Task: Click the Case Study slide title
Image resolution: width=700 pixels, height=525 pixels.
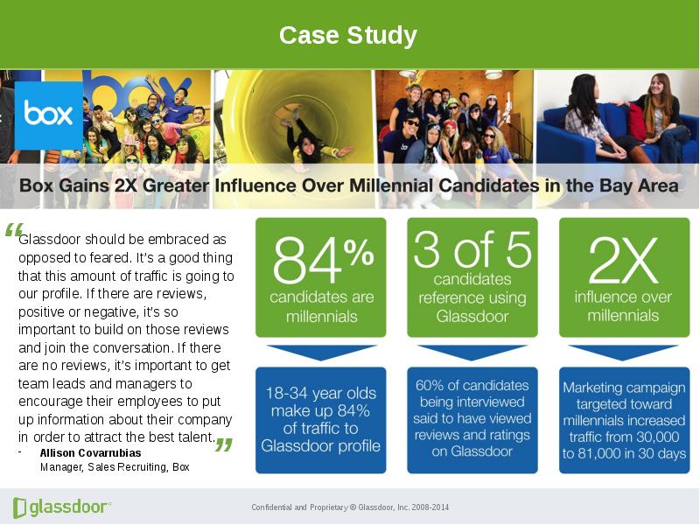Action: [347, 35]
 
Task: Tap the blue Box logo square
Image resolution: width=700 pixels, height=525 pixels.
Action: [49, 115]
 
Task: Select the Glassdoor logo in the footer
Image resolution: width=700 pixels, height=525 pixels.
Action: [62, 507]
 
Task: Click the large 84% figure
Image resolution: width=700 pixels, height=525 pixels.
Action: [323, 260]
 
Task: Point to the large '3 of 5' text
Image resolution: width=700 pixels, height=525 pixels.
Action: [472, 249]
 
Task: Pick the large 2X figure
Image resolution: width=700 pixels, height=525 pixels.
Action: [623, 260]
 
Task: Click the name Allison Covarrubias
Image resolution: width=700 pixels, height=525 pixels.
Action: [91, 453]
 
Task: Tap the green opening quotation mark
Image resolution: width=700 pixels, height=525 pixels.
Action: [13, 230]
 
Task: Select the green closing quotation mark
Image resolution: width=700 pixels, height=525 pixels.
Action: [224, 444]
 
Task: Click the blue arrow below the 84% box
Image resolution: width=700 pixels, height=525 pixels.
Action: [321, 352]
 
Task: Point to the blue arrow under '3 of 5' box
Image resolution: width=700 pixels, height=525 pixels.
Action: [472, 352]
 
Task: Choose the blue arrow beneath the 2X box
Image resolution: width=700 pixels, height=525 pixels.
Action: [623, 352]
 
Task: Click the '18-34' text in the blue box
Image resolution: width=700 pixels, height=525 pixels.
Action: [287, 393]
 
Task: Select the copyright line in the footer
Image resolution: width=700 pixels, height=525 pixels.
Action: [350, 507]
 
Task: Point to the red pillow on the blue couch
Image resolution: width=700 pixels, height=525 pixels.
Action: [638, 122]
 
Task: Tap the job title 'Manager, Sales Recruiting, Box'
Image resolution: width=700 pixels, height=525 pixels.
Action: [115, 467]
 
